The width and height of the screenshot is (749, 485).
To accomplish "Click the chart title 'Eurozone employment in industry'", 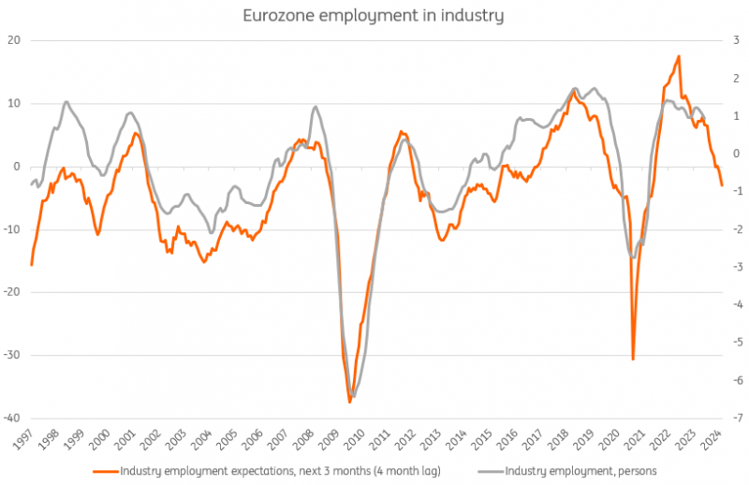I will (x=374, y=15).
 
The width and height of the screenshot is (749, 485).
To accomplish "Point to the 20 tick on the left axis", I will (x=14, y=40).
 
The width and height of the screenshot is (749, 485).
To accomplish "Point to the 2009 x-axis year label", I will (x=332, y=438).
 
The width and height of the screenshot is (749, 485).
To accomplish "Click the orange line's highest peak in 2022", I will (x=678, y=56).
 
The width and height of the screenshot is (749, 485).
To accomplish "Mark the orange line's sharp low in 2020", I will (x=633, y=360).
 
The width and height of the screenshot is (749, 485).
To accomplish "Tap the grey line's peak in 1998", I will (x=66, y=102).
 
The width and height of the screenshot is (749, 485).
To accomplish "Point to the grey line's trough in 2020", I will (x=633, y=257).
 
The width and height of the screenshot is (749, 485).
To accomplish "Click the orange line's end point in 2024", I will (x=721, y=185).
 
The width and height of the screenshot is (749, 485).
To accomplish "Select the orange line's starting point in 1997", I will (x=32, y=265).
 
